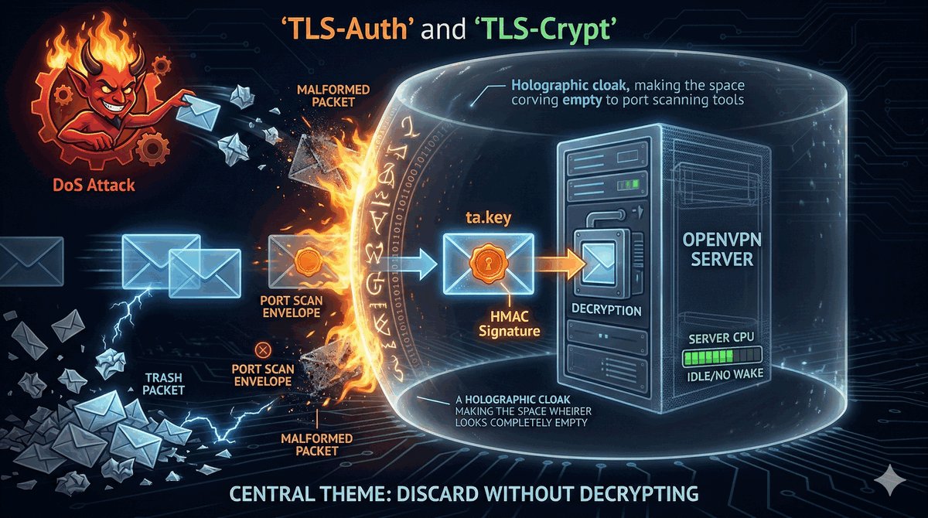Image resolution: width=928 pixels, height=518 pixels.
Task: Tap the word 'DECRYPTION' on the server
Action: coord(606,311)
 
